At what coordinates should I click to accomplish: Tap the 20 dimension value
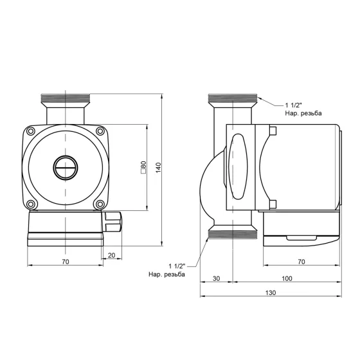(x=111, y=255)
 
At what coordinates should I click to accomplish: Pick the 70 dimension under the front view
(x=65, y=262)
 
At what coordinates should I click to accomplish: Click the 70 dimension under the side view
(x=301, y=262)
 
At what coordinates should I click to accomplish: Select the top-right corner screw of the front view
(x=99, y=132)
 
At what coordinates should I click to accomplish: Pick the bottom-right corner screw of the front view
(x=99, y=204)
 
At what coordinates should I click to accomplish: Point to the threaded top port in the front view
(x=65, y=100)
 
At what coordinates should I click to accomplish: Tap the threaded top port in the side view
(x=233, y=100)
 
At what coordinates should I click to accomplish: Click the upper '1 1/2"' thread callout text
(x=294, y=105)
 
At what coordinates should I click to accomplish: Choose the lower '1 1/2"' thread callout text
(x=177, y=265)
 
